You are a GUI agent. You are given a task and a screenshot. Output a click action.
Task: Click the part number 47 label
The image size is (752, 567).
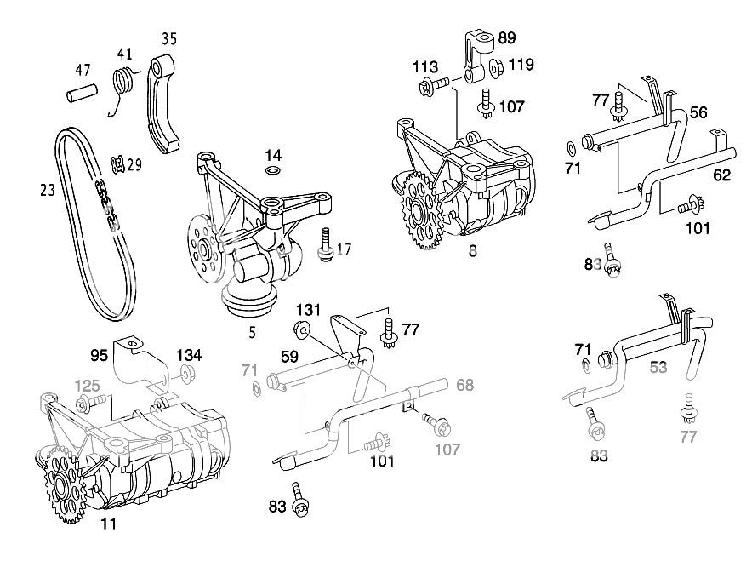[83, 70]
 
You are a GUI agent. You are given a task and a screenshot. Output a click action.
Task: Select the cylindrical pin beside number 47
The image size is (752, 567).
[81, 91]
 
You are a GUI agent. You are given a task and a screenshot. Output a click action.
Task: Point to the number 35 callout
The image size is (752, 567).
[170, 37]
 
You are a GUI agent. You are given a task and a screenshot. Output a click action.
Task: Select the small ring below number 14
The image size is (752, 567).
[273, 170]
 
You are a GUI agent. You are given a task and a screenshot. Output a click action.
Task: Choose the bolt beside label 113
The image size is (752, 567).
[433, 84]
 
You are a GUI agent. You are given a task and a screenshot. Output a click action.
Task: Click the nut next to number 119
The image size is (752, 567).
[497, 66]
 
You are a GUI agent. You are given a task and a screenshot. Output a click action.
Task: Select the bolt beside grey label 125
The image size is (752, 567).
[86, 402]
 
